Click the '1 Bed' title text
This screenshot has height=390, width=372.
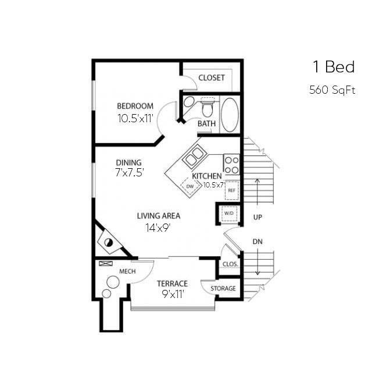[333, 67]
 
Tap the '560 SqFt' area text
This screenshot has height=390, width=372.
[332, 90]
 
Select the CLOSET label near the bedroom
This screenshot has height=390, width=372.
[211, 78]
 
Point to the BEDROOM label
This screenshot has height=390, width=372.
[135, 106]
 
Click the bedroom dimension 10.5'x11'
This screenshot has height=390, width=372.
[135, 118]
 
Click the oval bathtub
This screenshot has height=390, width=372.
[230, 115]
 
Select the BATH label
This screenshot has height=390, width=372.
[206, 124]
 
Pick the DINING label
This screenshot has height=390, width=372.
[128, 162]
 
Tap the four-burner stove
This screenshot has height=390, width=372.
[232, 164]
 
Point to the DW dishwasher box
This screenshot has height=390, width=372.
[189, 186]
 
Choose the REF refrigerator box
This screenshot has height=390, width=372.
[231, 190]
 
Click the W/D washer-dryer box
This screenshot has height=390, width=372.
[228, 214]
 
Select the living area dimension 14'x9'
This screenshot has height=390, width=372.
[158, 228]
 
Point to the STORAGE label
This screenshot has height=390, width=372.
[223, 289]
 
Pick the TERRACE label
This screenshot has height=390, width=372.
[173, 283]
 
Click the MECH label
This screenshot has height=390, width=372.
[127, 272]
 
